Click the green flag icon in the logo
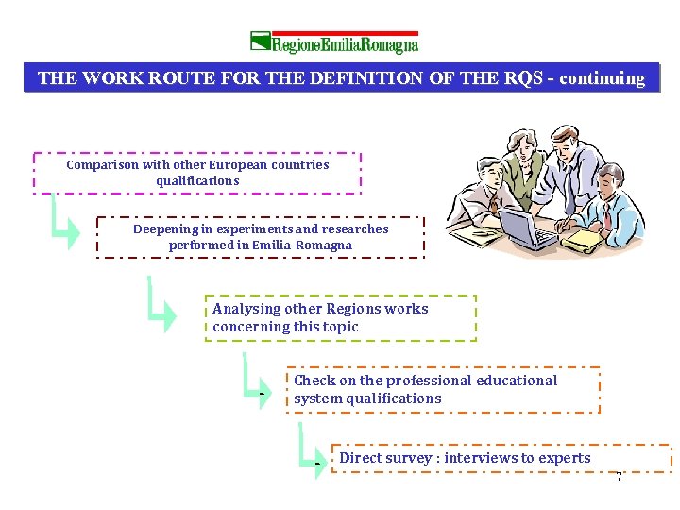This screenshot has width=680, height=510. tap(261, 41)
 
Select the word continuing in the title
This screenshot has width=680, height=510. tap(603, 78)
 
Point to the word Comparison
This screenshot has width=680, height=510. tap(103, 164)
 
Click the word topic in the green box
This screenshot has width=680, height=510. tap(340, 327)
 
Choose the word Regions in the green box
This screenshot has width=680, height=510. tap(354, 309)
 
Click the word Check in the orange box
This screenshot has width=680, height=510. tap(314, 381)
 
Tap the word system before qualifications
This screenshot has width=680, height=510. tap(317, 399)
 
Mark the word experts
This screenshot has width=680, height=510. tap(565, 458)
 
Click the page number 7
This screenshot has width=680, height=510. tap(619, 477)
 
